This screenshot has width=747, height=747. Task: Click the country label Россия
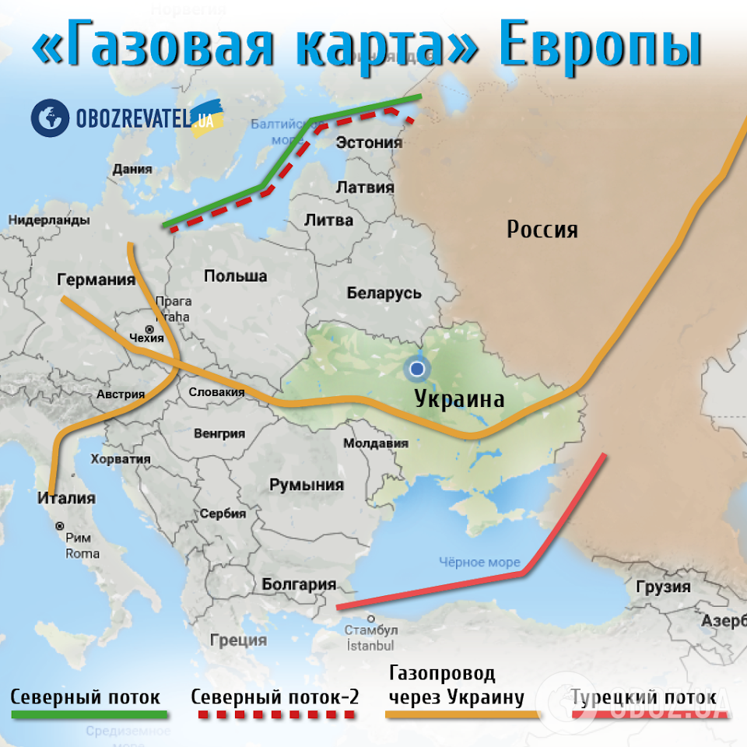(542, 230)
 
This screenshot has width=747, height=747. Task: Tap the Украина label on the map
(459, 399)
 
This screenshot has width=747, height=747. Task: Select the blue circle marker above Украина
(419, 368)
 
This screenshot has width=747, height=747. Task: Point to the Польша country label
(235, 275)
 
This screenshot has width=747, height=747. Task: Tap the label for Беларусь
(384, 293)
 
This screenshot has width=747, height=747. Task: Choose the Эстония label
(369, 142)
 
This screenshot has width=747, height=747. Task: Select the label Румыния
(307, 485)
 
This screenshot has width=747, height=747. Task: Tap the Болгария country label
(299, 584)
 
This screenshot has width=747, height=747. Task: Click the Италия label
(66, 498)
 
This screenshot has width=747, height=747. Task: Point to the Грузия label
(663, 586)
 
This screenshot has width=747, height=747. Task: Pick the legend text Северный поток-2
(275, 696)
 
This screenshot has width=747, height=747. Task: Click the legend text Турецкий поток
(644, 696)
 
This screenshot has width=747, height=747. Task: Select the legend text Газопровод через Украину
(455, 685)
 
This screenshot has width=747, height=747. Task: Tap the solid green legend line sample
(89, 714)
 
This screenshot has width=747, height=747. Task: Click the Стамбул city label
(371, 629)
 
